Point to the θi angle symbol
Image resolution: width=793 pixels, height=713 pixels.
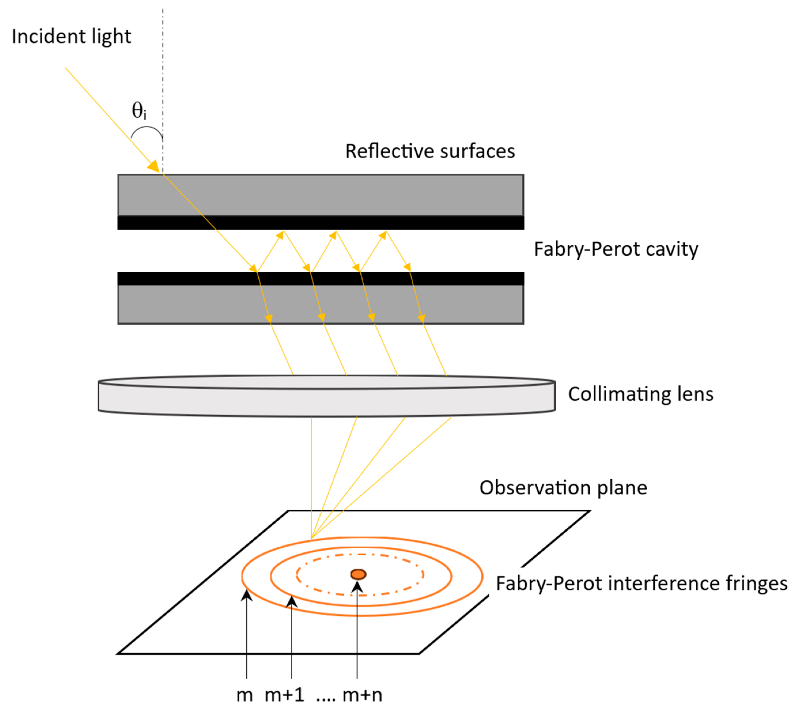(139, 111)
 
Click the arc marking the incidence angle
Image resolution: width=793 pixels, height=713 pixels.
(146, 128)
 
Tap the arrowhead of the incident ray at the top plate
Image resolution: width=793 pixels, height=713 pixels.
(154, 166)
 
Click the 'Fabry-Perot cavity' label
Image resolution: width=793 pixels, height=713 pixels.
(616, 249)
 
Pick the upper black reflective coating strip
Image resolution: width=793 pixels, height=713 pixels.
(320, 223)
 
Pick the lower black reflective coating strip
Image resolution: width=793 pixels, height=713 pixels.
(320, 279)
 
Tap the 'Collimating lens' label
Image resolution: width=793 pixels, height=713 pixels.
(641, 394)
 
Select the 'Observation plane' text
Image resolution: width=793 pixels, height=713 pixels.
(563, 488)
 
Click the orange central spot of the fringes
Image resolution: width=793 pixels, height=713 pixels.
(358, 574)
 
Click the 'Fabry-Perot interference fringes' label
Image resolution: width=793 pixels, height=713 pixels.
(641, 583)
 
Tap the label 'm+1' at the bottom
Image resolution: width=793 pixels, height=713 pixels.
(284, 695)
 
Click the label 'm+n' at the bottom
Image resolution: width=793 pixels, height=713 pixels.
(362, 695)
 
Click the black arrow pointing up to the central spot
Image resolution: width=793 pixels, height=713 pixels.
(357, 627)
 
